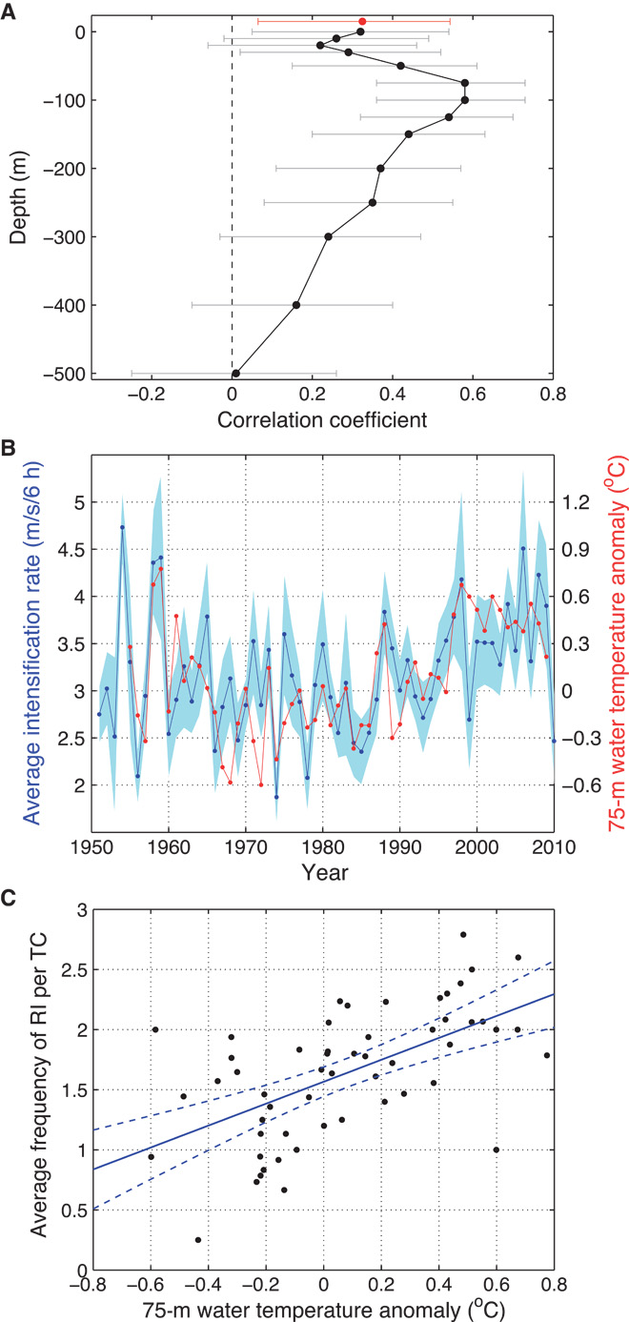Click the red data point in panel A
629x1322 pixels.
[362, 21]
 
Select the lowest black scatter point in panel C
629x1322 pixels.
[198, 1240]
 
